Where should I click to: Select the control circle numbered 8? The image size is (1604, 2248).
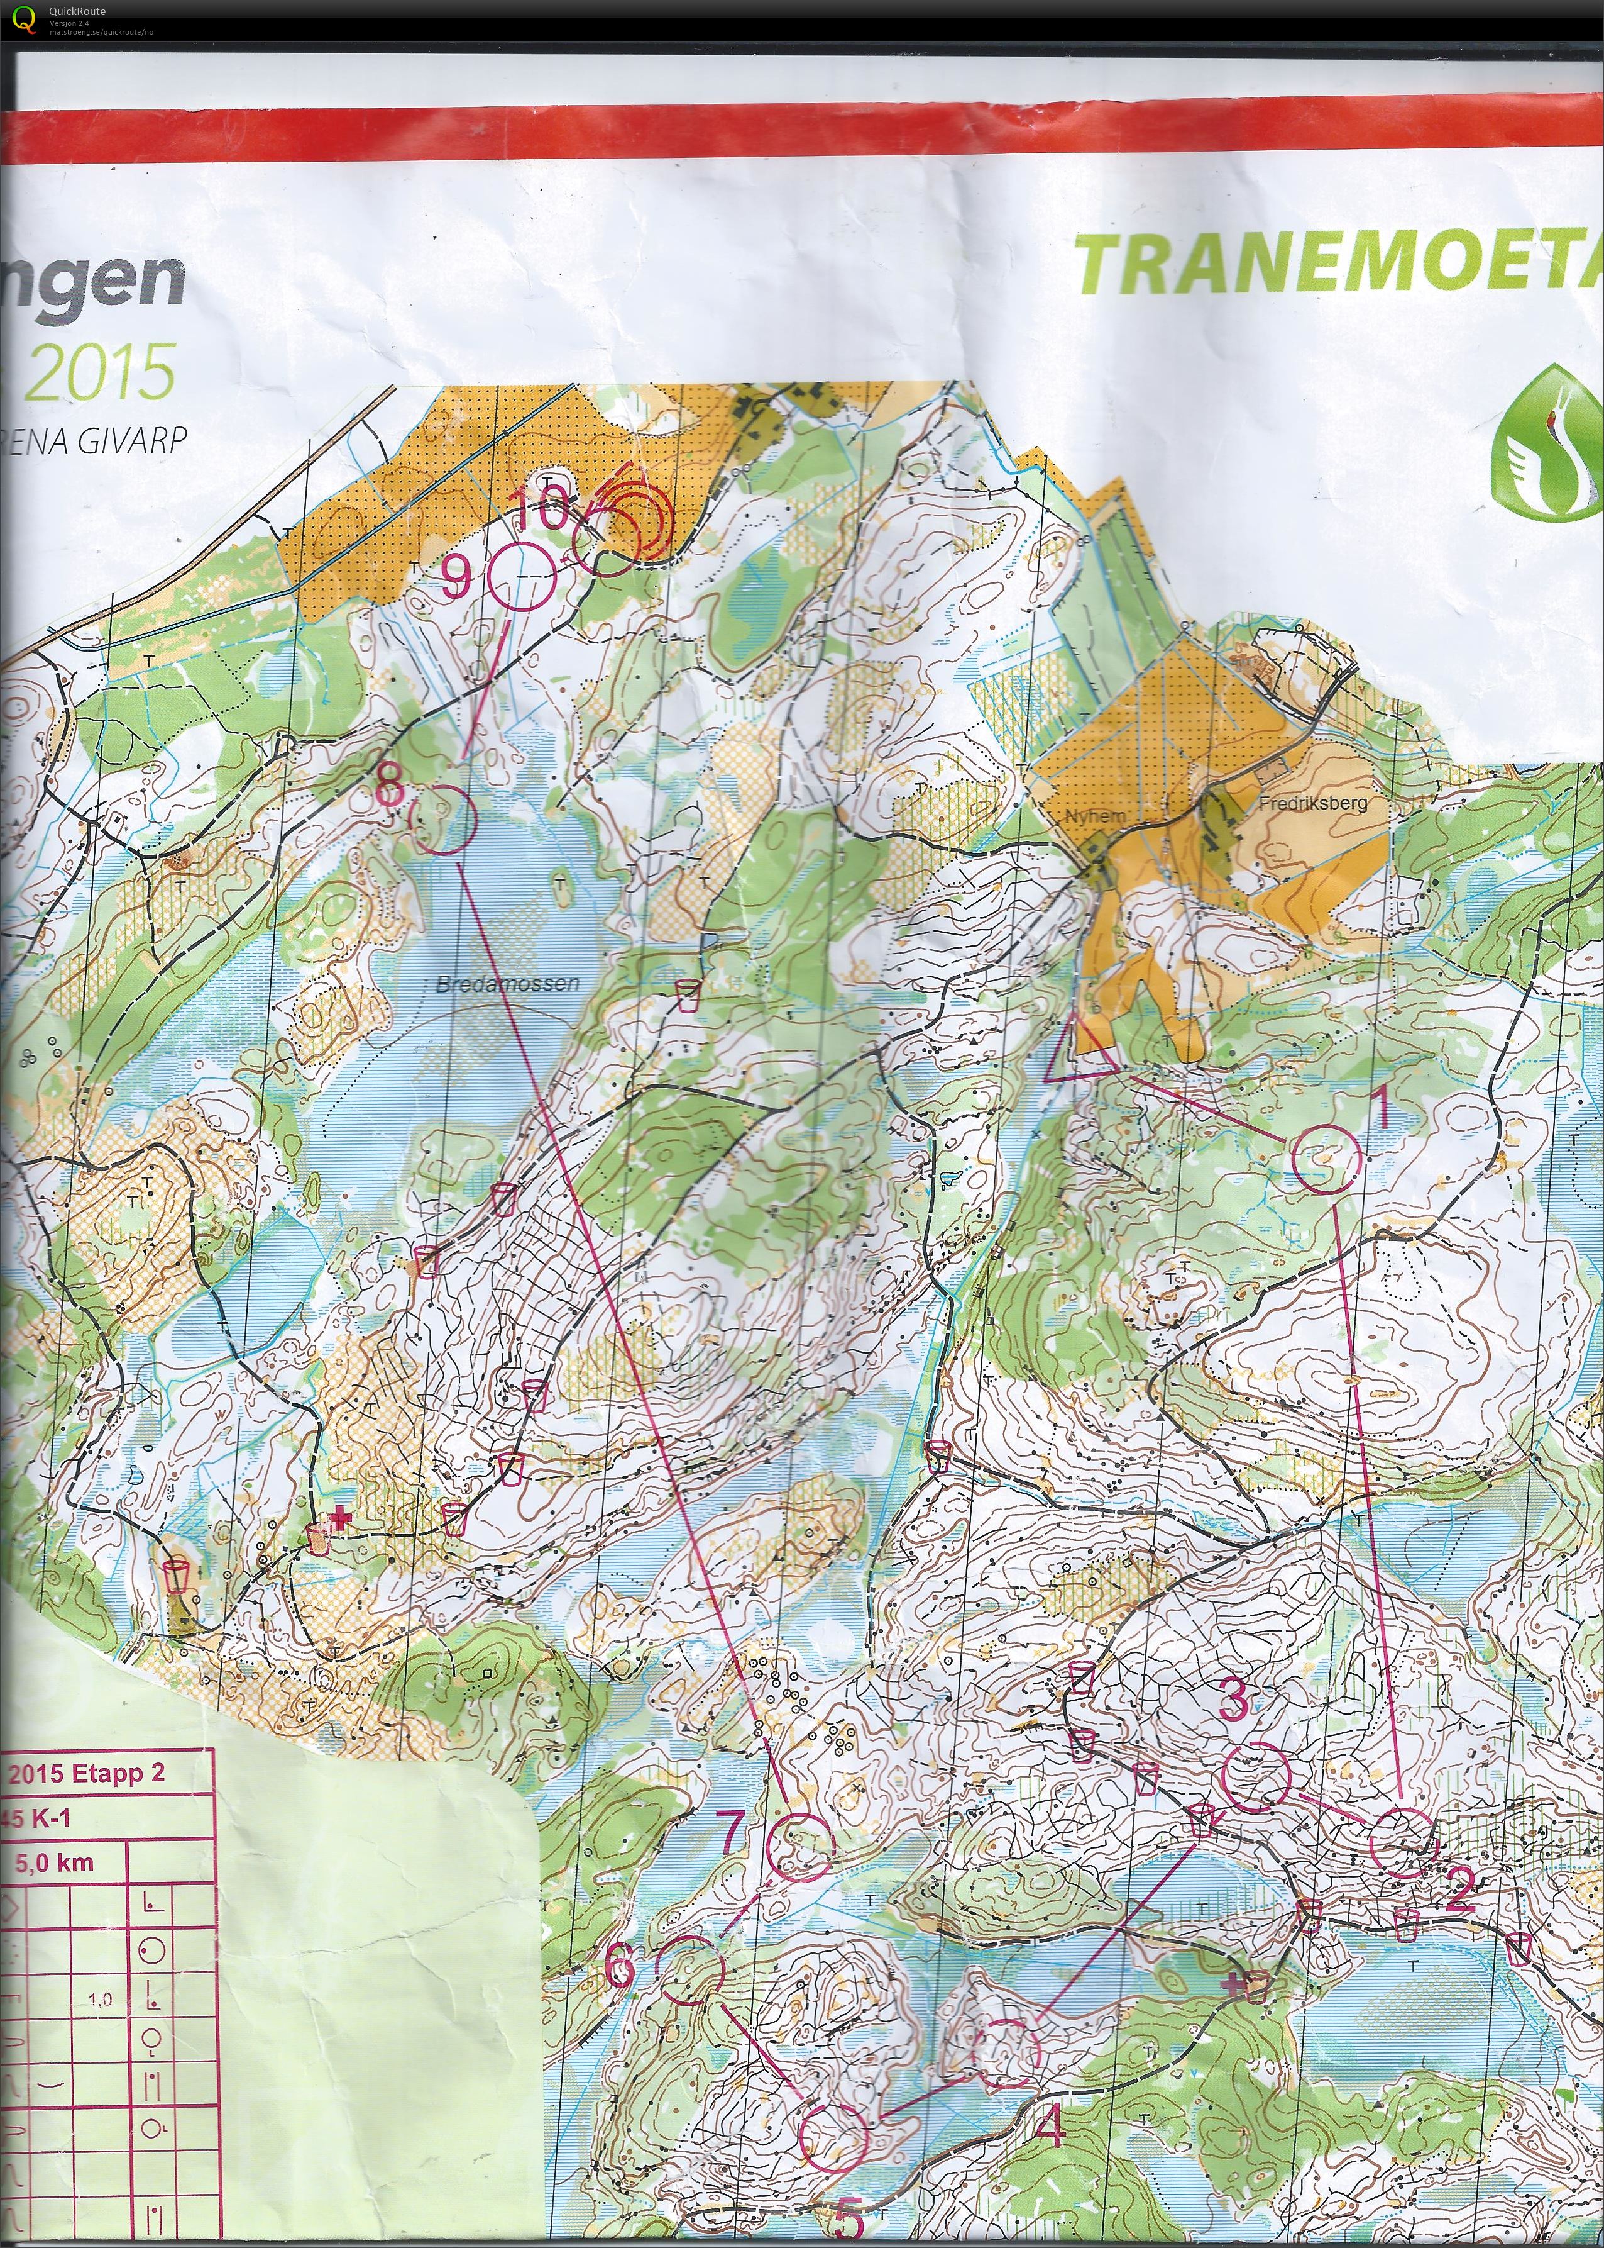point(442,818)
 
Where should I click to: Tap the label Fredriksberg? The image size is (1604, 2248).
point(1312,803)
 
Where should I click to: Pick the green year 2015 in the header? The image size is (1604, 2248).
point(99,372)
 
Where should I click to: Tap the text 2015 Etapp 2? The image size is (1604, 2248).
point(87,1772)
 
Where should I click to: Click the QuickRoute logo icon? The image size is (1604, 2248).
point(28,17)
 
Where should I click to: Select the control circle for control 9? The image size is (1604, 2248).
point(520,577)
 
